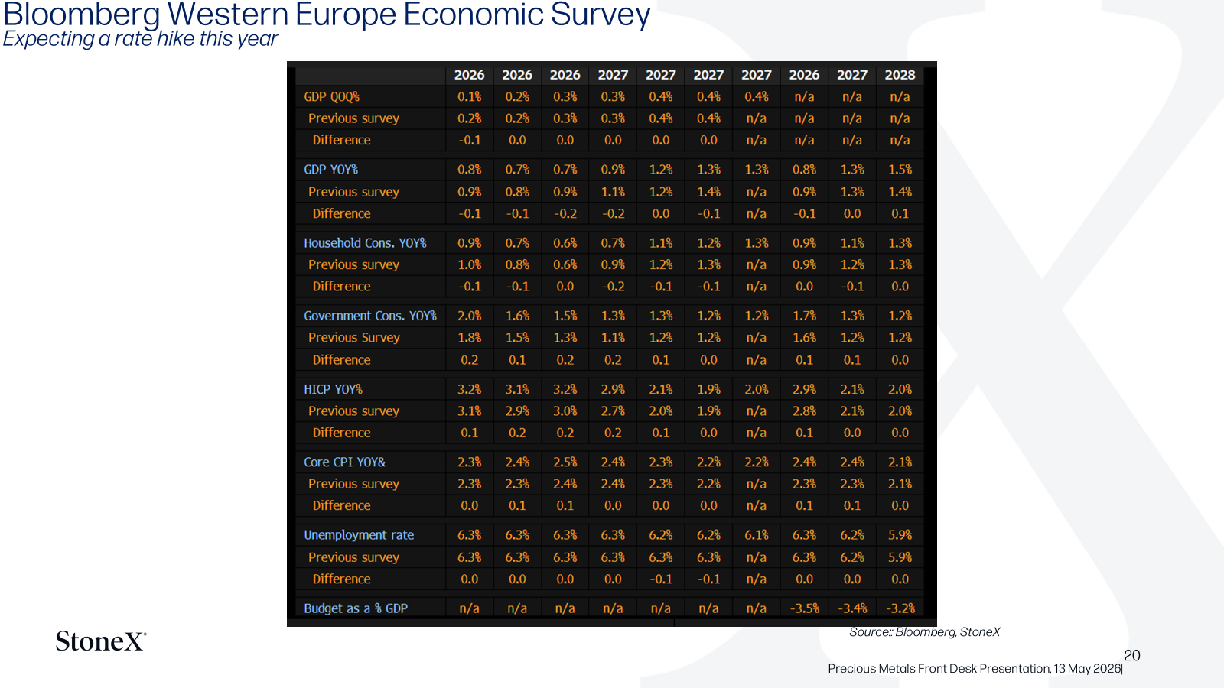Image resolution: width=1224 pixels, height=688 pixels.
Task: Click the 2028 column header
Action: (900, 75)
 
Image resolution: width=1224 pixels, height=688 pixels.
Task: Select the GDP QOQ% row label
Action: (332, 96)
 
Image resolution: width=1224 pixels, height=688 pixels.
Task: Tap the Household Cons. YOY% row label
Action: (365, 243)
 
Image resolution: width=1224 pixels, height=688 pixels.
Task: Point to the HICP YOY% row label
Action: (334, 389)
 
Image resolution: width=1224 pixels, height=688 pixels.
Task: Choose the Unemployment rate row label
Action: (359, 535)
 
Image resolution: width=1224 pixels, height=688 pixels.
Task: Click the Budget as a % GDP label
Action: (356, 608)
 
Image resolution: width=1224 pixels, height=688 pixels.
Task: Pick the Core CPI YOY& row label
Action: (345, 462)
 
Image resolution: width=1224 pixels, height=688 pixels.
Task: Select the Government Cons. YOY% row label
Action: (370, 316)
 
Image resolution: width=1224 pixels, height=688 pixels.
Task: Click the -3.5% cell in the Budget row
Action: (804, 608)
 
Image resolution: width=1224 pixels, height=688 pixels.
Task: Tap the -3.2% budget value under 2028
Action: (900, 608)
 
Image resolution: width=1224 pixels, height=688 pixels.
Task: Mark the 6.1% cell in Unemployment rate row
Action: (757, 535)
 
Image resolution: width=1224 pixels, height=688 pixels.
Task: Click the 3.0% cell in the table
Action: (565, 411)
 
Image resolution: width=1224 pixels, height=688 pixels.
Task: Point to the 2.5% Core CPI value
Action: (565, 462)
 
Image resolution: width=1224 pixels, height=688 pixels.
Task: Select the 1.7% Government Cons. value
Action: (804, 316)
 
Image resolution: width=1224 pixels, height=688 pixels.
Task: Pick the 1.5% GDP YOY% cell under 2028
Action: (900, 170)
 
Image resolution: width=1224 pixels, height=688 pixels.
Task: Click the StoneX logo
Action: (101, 641)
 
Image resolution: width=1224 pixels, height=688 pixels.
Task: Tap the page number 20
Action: (1132, 655)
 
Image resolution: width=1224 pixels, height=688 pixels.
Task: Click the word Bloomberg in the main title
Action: (82, 15)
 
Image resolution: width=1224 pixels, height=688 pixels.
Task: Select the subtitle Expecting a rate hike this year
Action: (141, 39)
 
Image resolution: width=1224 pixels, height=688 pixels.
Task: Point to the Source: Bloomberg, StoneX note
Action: (925, 632)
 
